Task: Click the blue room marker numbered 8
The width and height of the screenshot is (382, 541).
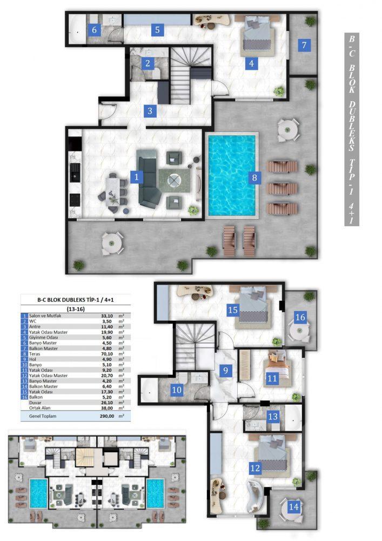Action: click(x=254, y=177)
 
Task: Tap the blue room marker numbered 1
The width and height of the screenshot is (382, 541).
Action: click(x=136, y=177)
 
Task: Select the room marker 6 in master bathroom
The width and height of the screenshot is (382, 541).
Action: click(x=94, y=30)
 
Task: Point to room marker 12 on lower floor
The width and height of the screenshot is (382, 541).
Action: click(x=255, y=468)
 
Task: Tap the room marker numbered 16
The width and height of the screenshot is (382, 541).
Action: click(x=300, y=317)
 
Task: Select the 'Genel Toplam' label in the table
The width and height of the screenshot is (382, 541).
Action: click(x=43, y=416)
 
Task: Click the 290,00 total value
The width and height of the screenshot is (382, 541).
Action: click(x=107, y=416)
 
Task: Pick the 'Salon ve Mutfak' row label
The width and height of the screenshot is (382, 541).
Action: click(x=45, y=316)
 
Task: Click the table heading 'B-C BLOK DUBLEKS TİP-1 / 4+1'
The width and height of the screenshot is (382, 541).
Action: click(x=76, y=300)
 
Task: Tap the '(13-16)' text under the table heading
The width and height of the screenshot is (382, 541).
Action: click(x=76, y=309)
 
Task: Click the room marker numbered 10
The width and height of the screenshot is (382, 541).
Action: click(x=177, y=390)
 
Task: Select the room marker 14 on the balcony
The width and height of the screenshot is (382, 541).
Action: click(x=293, y=506)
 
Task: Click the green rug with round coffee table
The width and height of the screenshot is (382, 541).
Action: click(x=175, y=181)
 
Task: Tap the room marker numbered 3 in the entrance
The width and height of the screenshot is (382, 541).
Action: click(x=150, y=111)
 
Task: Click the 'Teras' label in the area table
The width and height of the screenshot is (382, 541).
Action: click(x=35, y=354)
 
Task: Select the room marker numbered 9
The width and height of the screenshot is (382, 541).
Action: click(x=225, y=371)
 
